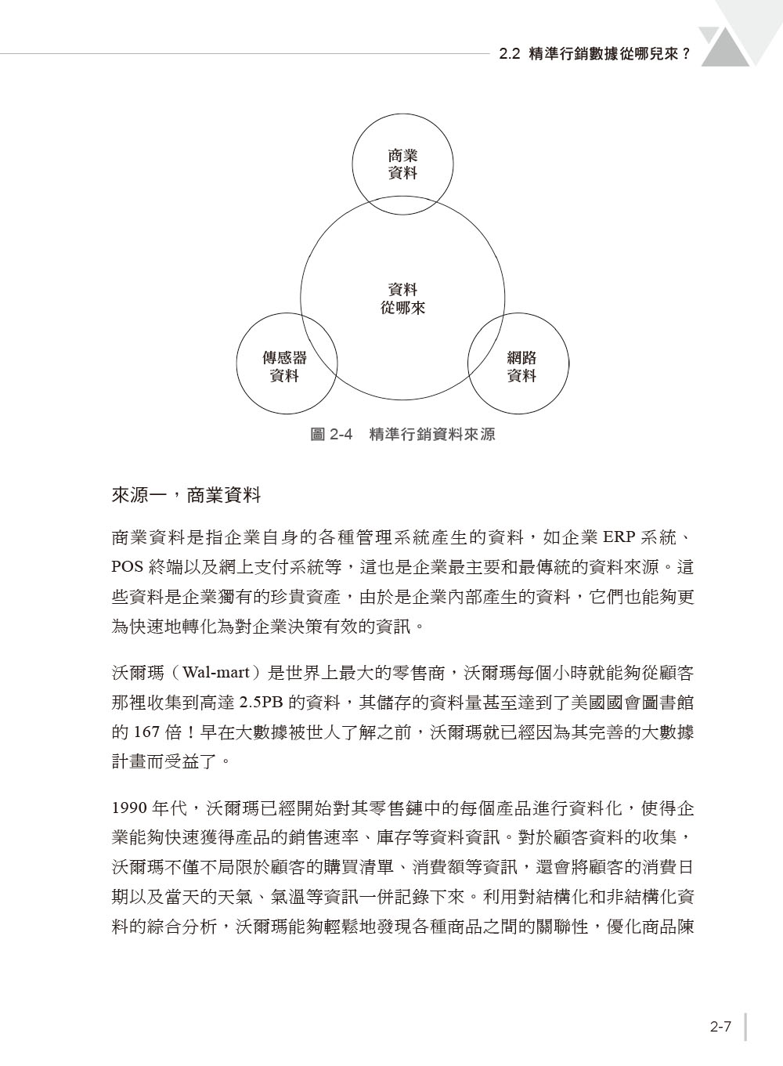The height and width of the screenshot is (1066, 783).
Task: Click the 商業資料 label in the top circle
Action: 402,164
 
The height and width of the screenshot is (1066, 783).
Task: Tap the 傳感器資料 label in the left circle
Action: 284,367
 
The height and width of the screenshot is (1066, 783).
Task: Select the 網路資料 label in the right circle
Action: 521,367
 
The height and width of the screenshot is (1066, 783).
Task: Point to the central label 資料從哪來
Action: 402,298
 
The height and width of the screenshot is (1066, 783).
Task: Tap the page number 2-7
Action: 720,1027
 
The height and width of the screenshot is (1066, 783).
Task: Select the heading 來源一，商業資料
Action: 186,496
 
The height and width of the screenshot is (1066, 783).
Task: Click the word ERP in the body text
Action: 618,538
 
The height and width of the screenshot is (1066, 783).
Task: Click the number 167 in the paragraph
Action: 146,732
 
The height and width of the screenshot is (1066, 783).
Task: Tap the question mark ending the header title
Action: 687,55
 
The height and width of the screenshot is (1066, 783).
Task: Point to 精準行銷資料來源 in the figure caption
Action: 432,434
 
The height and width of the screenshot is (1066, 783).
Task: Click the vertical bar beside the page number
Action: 745,1027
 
